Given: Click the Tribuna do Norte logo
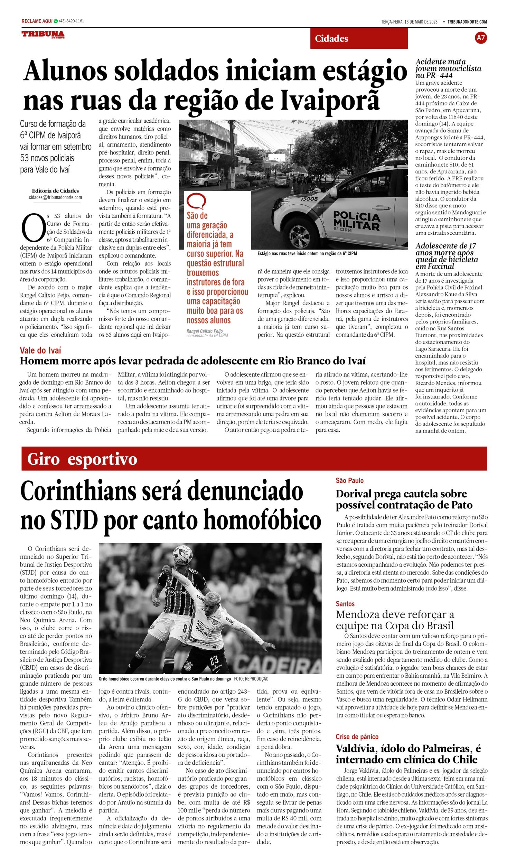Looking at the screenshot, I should click(43, 34).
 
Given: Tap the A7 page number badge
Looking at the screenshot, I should click(481, 38).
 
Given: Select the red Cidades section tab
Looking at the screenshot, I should click(359, 38).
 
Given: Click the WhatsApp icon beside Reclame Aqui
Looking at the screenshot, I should click(56, 21).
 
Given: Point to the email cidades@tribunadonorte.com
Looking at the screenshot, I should click(55, 197).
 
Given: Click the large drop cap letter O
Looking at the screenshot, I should click(33, 228).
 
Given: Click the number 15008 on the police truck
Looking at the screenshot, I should click(309, 199).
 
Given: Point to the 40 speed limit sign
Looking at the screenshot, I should click(216, 156).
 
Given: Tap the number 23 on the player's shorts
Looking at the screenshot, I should click(214, 660).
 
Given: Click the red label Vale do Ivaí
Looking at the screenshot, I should click(40, 350).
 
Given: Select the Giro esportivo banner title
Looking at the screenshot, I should click(82, 459).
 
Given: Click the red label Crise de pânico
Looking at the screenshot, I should click(357, 737).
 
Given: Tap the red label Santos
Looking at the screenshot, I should click(345, 604).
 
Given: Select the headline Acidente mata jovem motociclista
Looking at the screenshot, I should click(448, 68).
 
